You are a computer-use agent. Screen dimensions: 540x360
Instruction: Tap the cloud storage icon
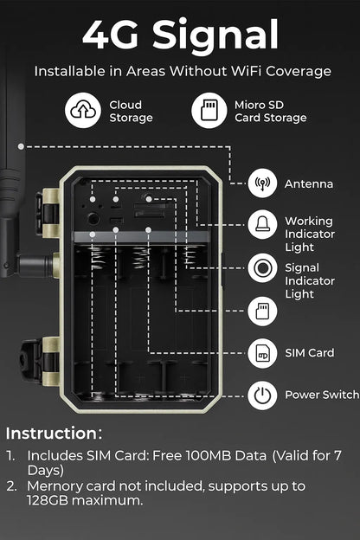coord(83,111)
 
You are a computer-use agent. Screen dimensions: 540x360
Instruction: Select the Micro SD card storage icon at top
coord(208,111)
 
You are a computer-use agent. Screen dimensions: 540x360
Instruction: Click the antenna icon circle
coord(262,184)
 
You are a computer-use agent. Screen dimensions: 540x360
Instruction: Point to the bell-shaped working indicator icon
coord(262,226)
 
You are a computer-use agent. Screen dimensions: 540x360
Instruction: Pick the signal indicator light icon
coord(262,267)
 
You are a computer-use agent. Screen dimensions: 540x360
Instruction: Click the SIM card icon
coord(262,353)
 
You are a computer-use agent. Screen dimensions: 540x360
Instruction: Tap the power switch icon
coord(262,395)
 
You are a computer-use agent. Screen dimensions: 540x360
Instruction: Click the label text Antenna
coord(309,184)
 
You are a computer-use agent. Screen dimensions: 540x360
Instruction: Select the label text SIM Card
coord(310,353)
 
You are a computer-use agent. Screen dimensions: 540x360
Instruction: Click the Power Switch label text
coord(321,395)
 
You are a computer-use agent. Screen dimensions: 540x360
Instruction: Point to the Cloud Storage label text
coord(131,111)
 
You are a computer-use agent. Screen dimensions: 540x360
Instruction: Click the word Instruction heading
coord(54,433)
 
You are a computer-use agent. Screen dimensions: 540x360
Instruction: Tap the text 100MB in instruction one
coord(205,454)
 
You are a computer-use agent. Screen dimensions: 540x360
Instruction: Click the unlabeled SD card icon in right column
coord(262,311)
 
